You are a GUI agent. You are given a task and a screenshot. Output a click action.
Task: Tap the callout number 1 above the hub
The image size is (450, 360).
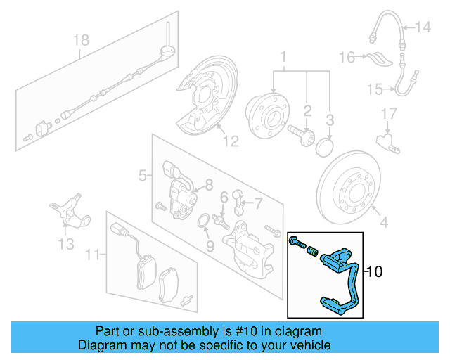point(284,56)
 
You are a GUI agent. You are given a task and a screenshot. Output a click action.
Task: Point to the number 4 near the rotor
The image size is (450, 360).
point(383,225)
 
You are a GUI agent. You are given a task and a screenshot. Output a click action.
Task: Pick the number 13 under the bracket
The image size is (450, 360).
point(65,244)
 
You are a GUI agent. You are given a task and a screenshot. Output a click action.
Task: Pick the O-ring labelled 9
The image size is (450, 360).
point(202,223)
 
